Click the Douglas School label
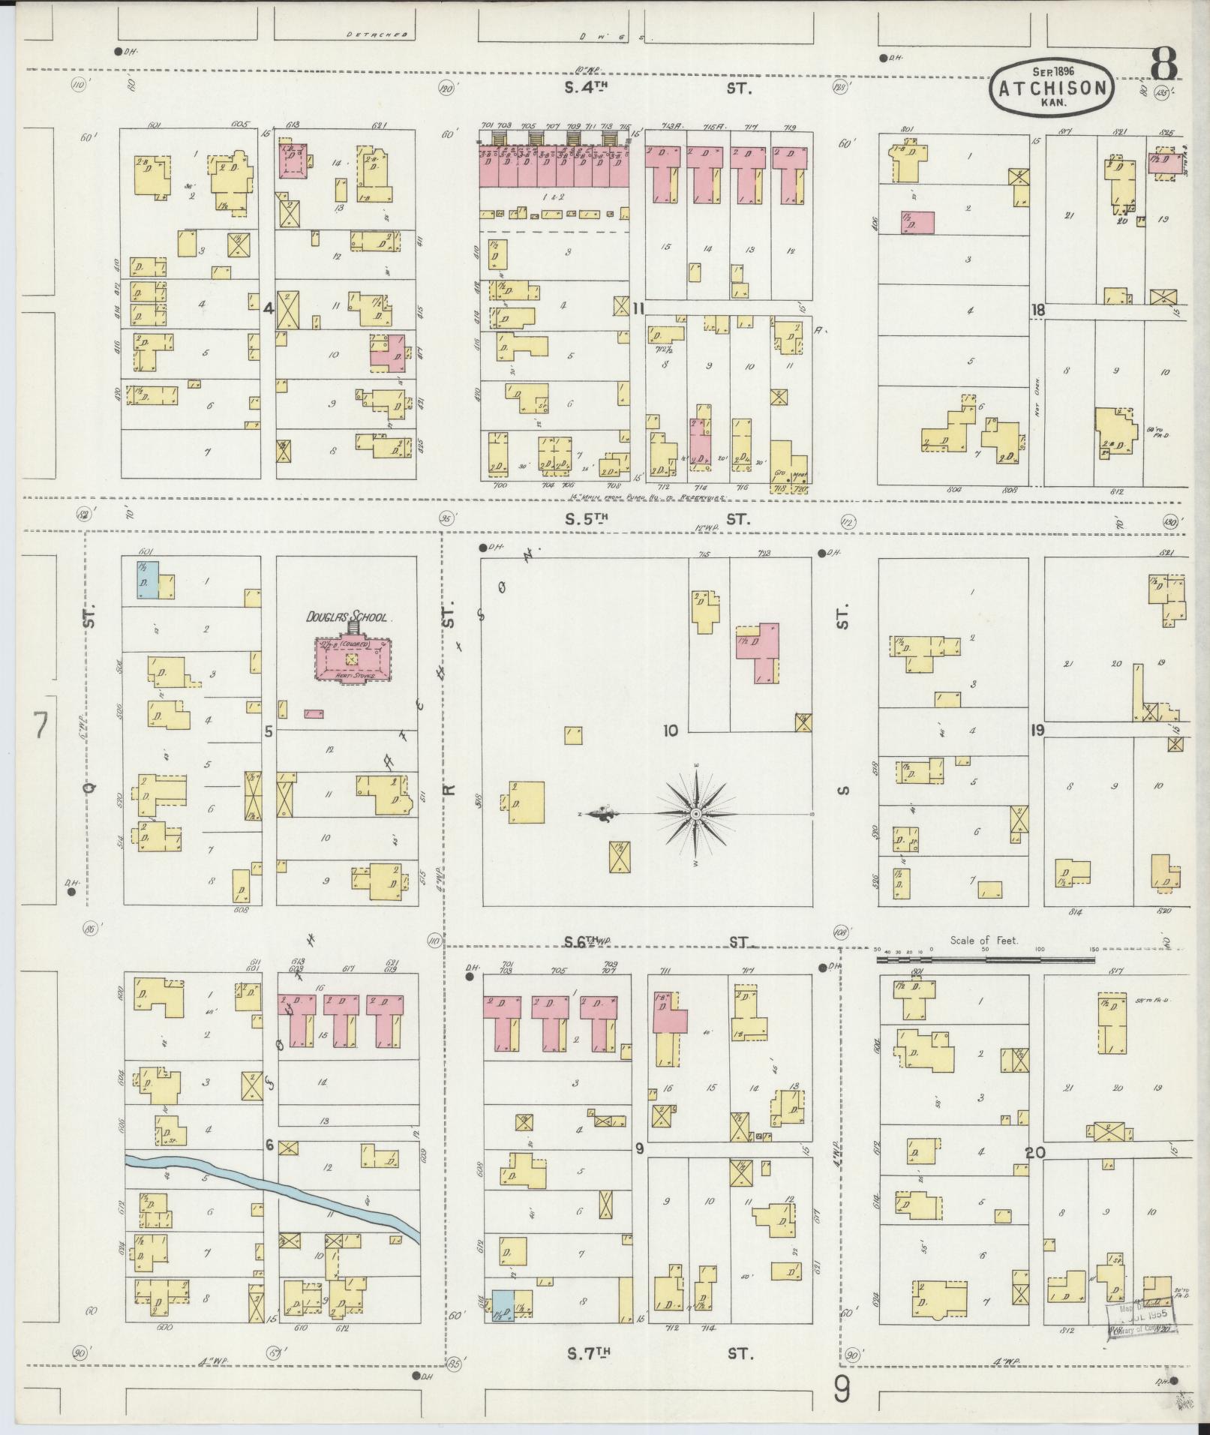346,617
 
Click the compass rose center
696,814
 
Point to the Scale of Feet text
983,939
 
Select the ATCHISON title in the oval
1052,89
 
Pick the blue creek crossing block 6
270,1197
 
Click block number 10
670,730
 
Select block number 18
1038,310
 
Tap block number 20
1035,1153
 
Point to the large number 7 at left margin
41,726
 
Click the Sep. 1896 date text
1053,71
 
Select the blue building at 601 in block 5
146,579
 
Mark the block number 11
638,308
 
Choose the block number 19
1038,729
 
